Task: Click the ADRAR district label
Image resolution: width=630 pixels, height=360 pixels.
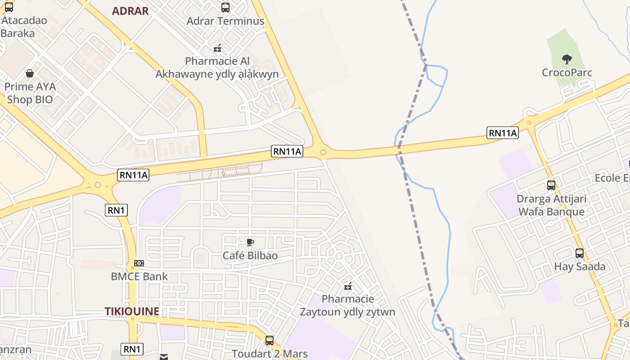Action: click(x=130, y=11)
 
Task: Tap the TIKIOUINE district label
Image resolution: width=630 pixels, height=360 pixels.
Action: click(x=132, y=311)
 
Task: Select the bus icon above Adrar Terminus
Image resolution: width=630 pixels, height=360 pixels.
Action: click(x=225, y=7)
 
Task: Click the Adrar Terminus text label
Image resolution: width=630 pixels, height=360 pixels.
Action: click(x=225, y=21)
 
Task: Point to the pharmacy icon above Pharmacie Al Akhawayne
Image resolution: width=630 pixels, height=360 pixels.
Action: click(x=217, y=48)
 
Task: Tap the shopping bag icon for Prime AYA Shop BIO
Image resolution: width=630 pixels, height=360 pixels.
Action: click(x=30, y=73)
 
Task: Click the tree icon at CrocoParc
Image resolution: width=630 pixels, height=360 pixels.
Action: click(x=567, y=59)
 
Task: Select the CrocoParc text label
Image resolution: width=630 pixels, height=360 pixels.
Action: click(x=567, y=72)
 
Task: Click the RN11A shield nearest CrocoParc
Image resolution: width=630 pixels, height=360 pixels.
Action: click(x=503, y=133)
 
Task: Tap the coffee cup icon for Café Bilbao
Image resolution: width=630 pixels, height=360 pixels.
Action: click(x=250, y=243)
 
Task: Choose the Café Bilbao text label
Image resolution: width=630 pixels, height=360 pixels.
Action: click(x=250, y=256)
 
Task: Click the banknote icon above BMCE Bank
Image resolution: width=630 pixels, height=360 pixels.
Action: click(x=139, y=263)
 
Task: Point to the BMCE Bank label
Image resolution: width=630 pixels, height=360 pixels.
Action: click(x=139, y=276)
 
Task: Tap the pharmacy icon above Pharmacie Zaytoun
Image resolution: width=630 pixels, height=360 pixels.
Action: click(x=347, y=286)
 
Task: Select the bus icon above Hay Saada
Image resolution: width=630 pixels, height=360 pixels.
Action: click(x=580, y=253)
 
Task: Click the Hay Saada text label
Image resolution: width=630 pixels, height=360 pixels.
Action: click(x=580, y=266)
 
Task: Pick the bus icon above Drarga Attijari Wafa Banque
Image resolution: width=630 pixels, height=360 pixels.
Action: click(x=551, y=185)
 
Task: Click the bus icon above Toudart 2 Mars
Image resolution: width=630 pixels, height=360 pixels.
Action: click(x=270, y=341)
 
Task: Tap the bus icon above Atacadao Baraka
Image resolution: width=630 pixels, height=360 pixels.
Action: click(x=9, y=7)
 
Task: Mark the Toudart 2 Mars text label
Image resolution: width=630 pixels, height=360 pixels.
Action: click(x=270, y=354)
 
